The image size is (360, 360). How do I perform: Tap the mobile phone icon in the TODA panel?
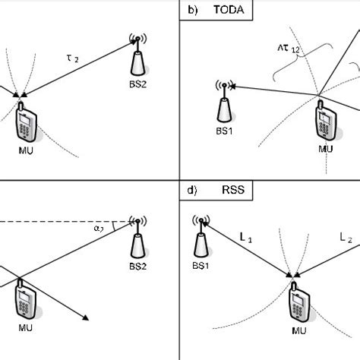tap(325, 122)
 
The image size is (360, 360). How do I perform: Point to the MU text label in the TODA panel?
tap(326, 150)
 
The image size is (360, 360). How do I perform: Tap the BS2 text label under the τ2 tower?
tap(138, 85)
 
